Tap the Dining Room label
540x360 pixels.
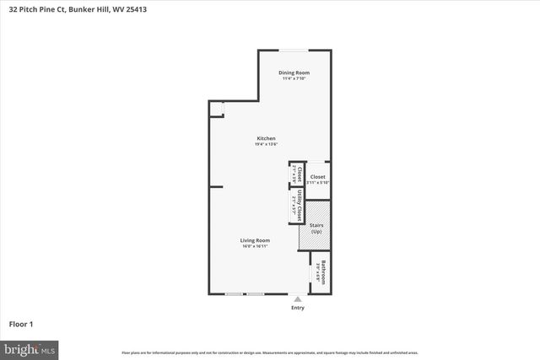(x=294, y=73)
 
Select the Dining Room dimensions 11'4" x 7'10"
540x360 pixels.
(x=294, y=78)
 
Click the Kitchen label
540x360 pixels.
(x=267, y=138)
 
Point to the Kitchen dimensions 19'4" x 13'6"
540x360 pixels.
(x=267, y=144)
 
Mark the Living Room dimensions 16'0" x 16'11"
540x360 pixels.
(x=254, y=245)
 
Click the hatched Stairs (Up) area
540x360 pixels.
(x=315, y=226)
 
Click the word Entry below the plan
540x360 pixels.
(x=297, y=308)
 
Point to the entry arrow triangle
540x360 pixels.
(x=297, y=298)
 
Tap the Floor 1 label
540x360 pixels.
(x=20, y=323)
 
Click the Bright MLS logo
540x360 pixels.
(x=30, y=348)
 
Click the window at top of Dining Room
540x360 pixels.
(x=294, y=50)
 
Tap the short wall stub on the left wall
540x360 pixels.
(x=215, y=186)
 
